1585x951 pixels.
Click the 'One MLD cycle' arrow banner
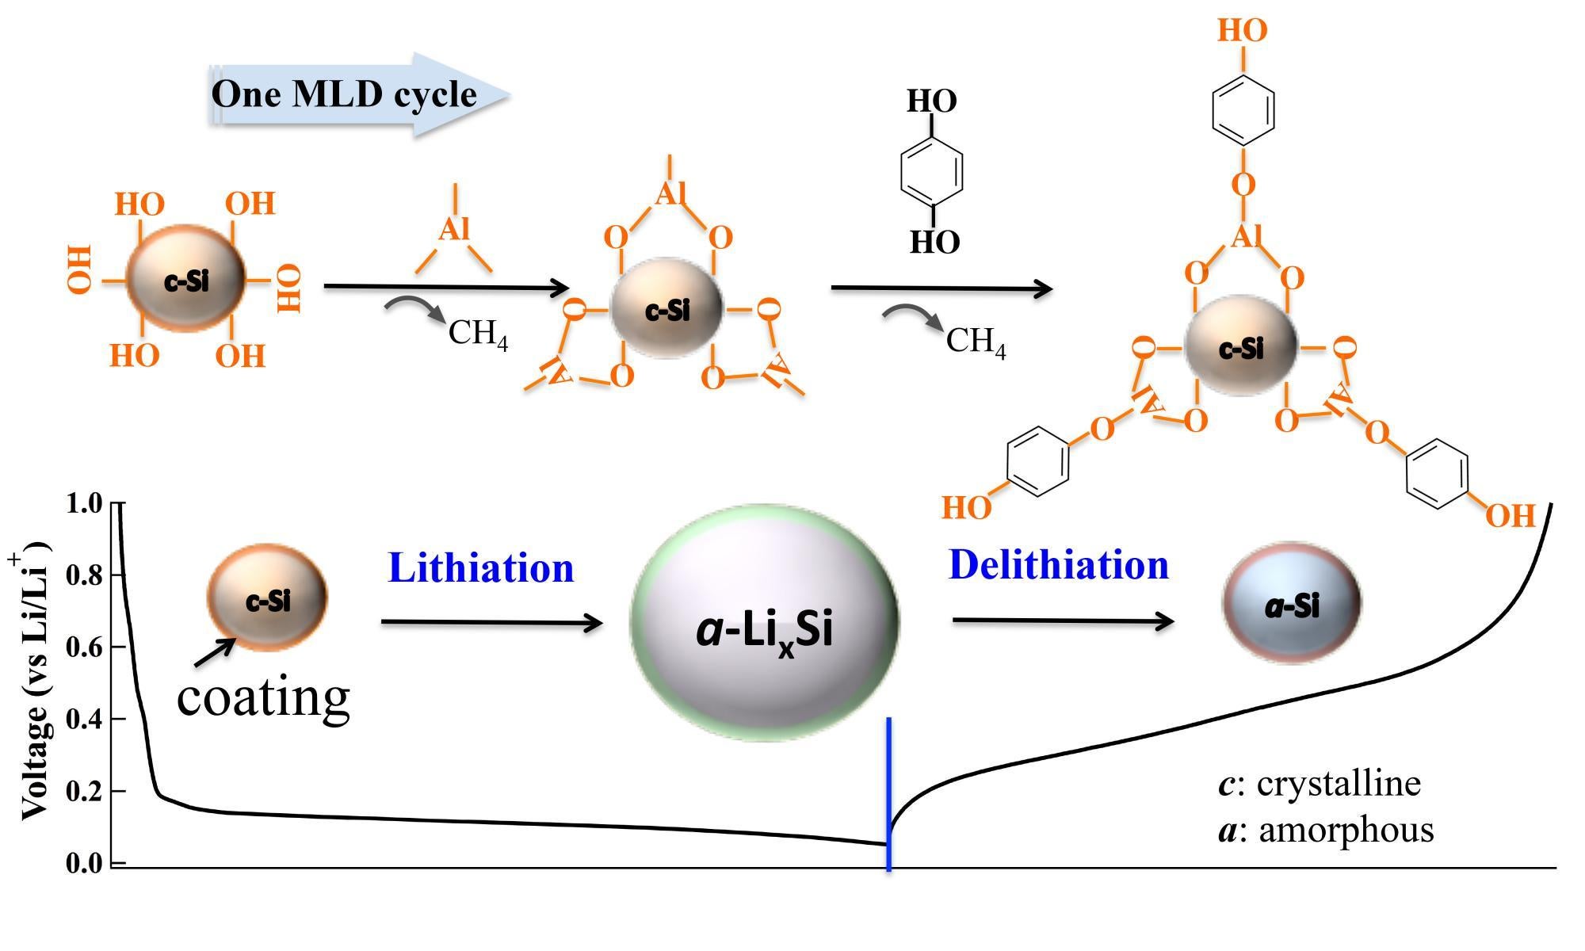point(357,94)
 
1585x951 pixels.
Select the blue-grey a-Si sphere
point(1292,604)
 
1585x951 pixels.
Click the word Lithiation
point(481,568)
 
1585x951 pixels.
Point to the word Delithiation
point(1059,565)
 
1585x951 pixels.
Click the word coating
point(263,697)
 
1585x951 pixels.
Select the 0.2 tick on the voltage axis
point(85,791)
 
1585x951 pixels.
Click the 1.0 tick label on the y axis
point(85,503)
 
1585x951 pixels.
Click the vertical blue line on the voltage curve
point(889,792)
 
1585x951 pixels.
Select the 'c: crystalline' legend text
point(1320,783)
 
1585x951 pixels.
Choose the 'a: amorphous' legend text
point(1326,830)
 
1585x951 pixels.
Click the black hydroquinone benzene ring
point(932,172)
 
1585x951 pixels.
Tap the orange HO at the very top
point(1242,30)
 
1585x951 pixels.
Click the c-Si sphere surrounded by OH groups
point(186,280)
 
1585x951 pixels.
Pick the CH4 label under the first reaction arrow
point(478,333)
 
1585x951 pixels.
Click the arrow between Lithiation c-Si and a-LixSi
point(491,623)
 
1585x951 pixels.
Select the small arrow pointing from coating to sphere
point(214,652)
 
